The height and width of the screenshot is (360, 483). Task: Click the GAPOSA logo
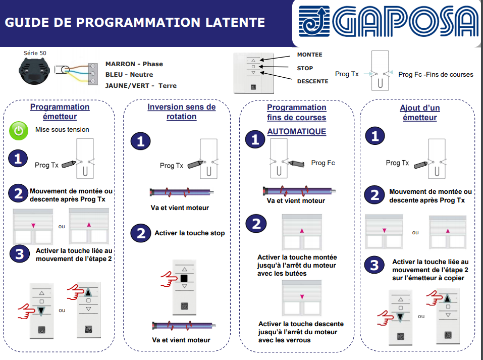click(388, 23)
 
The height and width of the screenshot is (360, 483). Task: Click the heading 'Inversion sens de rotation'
click(181, 112)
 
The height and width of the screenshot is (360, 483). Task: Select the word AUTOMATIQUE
click(296, 131)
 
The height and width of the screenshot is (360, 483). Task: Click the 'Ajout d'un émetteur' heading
click(419, 113)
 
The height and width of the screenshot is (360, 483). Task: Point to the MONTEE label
click(309, 55)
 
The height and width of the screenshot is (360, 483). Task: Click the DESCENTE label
click(312, 81)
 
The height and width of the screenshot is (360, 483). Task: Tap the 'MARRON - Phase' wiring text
click(134, 64)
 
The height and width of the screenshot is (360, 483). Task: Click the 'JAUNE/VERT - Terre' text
click(141, 85)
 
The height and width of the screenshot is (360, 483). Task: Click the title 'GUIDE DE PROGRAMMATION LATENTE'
click(135, 22)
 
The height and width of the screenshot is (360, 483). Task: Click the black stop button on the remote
click(184, 278)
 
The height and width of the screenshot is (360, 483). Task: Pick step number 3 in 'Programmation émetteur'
click(19, 254)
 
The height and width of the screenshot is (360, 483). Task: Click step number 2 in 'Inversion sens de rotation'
click(140, 233)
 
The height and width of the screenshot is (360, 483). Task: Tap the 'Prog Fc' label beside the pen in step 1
click(323, 163)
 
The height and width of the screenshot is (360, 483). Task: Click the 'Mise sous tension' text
click(62, 130)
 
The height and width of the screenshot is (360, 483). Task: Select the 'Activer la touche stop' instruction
click(189, 233)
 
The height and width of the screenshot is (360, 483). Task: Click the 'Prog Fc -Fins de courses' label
click(436, 74)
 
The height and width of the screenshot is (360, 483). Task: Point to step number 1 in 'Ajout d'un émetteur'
click(374, 136)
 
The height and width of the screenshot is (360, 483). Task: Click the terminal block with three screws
click(93, 74)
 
